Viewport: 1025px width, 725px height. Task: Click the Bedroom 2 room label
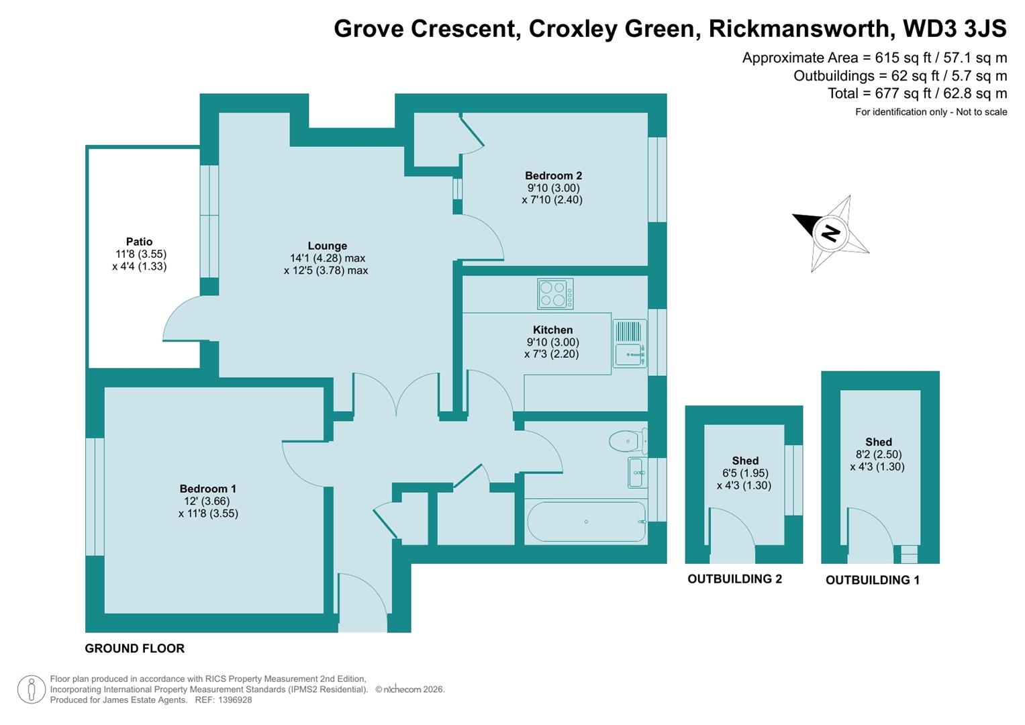click(x=553, y=176)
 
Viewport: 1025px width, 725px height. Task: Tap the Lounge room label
click(x=327, y=246)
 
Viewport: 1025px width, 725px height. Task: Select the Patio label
click(x=139, y=242)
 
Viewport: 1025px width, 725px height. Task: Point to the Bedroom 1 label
click(x=207, y=489)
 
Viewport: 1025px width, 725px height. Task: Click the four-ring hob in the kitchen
click(x=555, y=294)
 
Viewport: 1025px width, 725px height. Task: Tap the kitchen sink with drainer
click(x=629, y=343)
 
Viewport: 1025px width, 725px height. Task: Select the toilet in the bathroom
click(x=628, y=441)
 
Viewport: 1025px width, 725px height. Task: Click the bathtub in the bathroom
click(x=586, y=522)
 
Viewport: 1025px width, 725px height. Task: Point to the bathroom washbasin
click(x=637, y=473)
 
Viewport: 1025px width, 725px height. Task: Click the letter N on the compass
click(x=831, y=233)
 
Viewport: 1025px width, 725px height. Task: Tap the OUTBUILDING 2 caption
click(x=734, y=579)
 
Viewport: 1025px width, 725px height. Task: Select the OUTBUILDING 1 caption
click(x=872, y=580)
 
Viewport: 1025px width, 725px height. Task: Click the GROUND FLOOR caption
click(x=134, y=648)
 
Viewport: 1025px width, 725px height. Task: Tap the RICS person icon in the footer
click(x=31, y=689)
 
